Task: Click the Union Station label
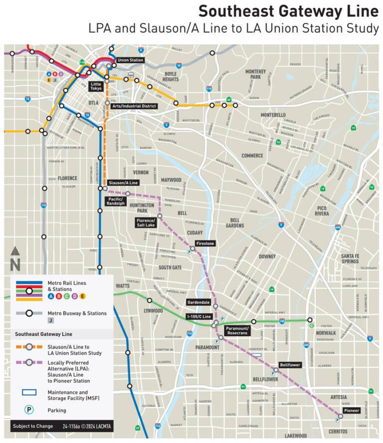pyautogui.click(x=131, y=60)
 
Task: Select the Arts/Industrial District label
pyautogui.click(x=134, y=106)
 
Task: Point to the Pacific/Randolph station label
pyautogui.click(x=116, y=201)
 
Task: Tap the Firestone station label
pyautogui.click(x=205, y=243)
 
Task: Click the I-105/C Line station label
pyautogui.click(x=199, y=317)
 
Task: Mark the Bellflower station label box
pyautogui.click(x=290, y=365)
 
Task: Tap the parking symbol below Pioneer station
pyautogui.click(x=337, y=421)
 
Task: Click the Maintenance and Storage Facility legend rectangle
pyautogui.click(x=29, y=392)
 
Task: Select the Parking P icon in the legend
pyautogui.click(x=29, y=410)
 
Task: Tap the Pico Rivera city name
pyautogui.click(x=322, y=210)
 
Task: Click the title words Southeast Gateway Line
pyautogui.click(x=289, y=11)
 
